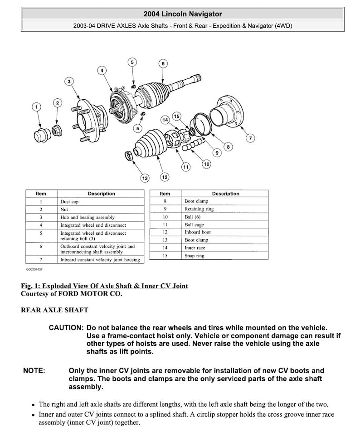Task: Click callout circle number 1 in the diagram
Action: [x=36, y=107]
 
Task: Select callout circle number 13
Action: [x=145, y=178]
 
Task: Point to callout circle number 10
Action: [x=206, y=164]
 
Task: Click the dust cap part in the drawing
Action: [x=42, y=135]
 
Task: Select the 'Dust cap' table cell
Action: [x=69, y=202]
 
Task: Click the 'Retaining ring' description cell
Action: [x=199, y=209]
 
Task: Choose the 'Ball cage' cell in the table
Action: [x=195, y=224]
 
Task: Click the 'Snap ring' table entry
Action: [x=195, y=256]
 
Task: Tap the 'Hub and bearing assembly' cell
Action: [x=88, y=217]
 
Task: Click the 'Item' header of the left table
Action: [x=41, y=194]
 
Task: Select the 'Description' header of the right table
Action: [x=225, y=194]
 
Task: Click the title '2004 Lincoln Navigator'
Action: [x=182, y=14]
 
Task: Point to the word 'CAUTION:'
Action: [x=66, y=327]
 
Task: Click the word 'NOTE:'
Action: [x=34, y=371]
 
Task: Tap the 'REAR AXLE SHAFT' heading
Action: [x=54, y=310]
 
